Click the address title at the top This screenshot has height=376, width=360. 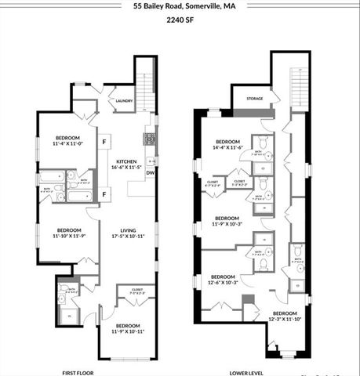click(180, 5)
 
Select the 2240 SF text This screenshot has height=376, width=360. click(180, 21)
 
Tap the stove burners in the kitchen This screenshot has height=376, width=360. click(148, 139)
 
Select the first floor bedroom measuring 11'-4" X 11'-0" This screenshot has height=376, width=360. click(67, 141)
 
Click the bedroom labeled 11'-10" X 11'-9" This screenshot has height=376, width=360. click(69, 232)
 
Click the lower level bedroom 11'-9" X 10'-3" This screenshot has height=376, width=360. click(227, 221)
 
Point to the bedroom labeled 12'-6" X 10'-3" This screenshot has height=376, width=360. click(223, 279)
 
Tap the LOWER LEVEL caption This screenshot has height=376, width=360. click(245, 373)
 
